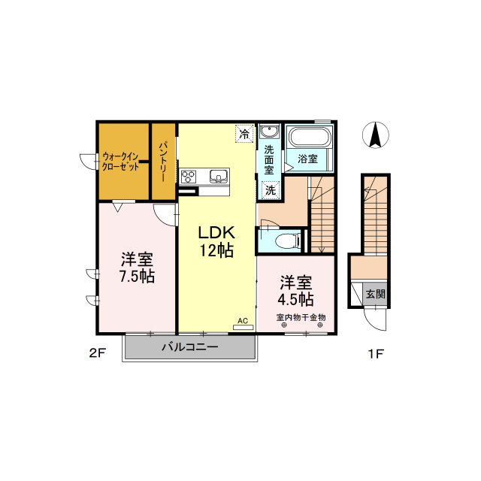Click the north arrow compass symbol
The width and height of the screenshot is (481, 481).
click(375, 135)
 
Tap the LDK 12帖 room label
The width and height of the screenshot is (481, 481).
click(216, 241)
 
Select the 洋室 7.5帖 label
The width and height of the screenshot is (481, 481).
click(137, 268)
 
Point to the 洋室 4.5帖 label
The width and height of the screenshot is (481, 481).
click(295, 291)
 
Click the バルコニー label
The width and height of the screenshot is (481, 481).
click(190, 347)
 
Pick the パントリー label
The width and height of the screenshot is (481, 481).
click(163, 162)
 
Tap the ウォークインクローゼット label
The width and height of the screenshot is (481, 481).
click(120, 162)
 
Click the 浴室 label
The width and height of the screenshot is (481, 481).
click(307, 159)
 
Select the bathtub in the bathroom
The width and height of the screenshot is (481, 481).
click(310, 136)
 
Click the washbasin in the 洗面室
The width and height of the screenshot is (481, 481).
click(269, 132)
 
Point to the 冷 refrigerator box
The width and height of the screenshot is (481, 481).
click(244, 134)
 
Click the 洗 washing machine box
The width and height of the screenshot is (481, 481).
click(271, 190)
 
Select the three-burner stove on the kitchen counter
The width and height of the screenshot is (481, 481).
click(189, 177)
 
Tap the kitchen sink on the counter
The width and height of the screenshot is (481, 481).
click(219, 177)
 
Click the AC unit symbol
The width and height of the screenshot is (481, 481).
click(243, 327)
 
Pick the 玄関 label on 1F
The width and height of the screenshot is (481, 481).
click(376, 294)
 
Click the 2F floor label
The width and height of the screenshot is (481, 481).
click(97, 354)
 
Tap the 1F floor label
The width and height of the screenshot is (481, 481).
click(376, 354)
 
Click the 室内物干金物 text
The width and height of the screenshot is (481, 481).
click(301, 317)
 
